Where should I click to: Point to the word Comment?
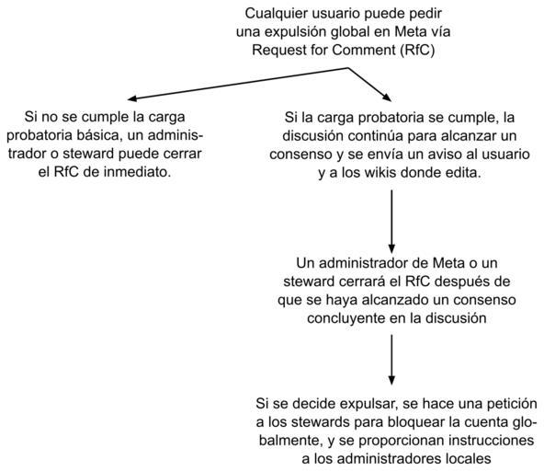(x=363, y=50)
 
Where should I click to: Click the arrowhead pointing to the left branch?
(x=131, y=98)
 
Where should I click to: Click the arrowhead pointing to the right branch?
(x=387, y=98)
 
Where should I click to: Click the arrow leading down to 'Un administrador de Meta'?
(x=391, y=222)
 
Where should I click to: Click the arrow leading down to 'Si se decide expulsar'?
(x=391, y=360)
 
